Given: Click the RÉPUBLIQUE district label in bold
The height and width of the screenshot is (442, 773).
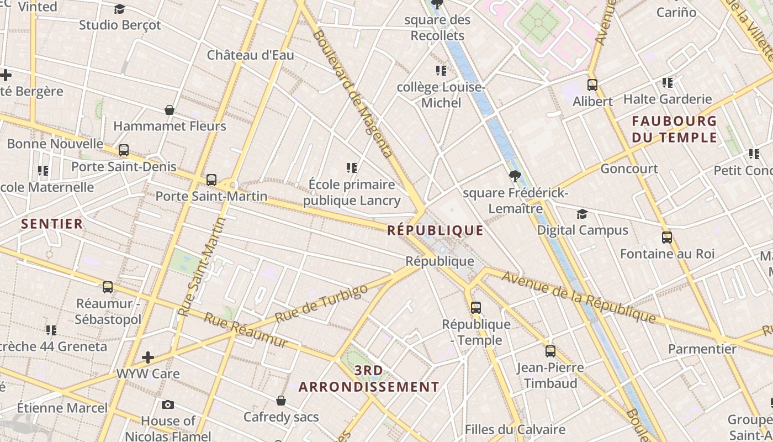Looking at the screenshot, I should click(435, 230).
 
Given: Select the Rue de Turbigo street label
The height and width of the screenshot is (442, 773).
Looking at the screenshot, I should click(321, 304).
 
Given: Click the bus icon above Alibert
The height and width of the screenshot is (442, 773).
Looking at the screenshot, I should click(592, 85).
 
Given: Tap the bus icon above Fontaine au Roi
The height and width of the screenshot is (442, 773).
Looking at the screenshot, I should click(667, 238).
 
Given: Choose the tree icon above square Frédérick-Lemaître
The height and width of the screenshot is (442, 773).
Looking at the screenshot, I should click(515, 176).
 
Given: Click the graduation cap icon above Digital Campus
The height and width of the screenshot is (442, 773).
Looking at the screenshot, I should click(582, 214).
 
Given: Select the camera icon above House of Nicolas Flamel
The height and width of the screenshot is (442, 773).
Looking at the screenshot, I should click(168, 405).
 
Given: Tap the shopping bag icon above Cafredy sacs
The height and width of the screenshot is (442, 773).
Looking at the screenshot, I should click(281, 401).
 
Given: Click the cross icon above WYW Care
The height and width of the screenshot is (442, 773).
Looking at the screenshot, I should click(147, 357).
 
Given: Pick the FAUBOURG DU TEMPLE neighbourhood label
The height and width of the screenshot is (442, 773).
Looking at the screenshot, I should click(674, 129).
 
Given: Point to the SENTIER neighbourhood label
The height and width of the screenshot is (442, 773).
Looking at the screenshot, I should click(52, 224).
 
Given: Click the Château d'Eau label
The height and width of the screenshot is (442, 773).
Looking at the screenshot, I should click(250, 55).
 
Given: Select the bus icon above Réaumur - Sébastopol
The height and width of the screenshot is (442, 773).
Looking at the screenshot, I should click(108, 287).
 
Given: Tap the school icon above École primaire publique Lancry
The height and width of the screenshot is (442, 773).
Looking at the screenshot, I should click(352, 167).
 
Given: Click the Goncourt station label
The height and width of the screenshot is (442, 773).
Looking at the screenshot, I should click(629, 169).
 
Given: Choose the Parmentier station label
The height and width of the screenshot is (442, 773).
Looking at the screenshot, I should click(702, 349).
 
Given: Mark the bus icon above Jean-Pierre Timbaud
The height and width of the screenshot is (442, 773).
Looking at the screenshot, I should click(550, 351).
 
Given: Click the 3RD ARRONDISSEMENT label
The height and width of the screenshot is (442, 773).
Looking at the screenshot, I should click(369, 378).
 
